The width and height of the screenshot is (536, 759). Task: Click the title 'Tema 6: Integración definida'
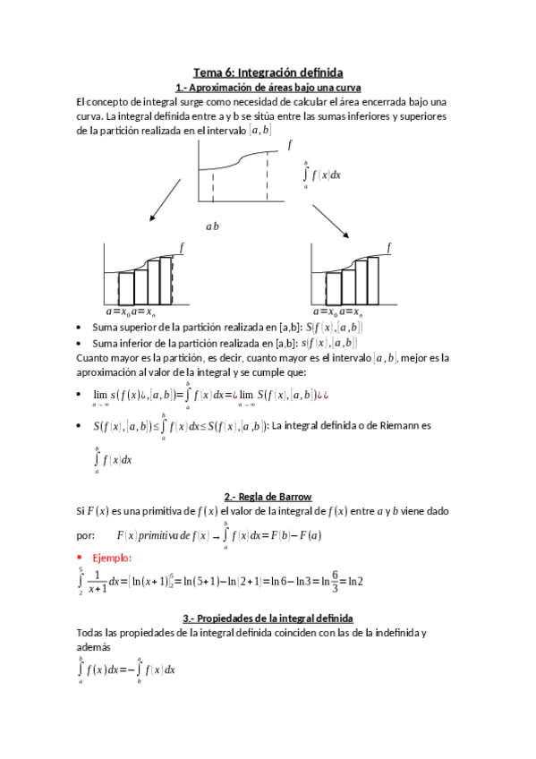[x=268, y=72]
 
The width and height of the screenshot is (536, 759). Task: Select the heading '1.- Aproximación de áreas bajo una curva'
[x=268, y=87]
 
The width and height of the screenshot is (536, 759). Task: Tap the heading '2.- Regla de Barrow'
[x=268, y=496]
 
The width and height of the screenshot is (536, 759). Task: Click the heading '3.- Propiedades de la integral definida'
[x=268, y=618]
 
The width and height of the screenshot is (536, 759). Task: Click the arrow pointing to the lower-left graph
[x=166, y=205]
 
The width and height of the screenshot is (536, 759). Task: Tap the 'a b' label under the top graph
[x=212, y=226]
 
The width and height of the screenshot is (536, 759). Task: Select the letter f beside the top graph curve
[x=289, y=144]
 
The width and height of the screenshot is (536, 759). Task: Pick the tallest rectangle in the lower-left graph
[x=166, y=281]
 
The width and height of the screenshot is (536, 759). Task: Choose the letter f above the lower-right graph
[x=389, y=246]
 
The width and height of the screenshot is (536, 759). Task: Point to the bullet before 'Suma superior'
[x=81, y=328]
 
